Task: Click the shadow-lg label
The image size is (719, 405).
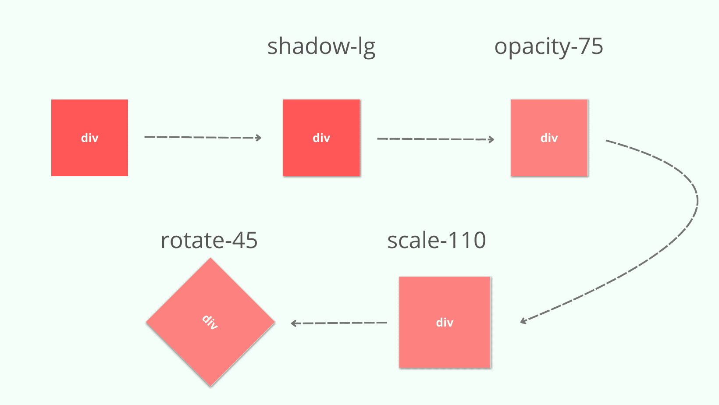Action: coord(321,47)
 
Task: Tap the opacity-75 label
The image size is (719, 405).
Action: coord(549,47)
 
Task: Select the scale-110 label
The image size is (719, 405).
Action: coord(437,240)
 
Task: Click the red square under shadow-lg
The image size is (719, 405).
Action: coord(321,138)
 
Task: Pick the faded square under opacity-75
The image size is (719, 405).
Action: coord(549,138)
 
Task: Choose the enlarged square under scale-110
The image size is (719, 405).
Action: coord(445,322)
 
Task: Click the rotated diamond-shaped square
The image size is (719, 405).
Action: coord(210,322)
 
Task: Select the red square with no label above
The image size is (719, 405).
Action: coord(89,138)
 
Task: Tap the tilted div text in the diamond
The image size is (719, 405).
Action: coord(210,322)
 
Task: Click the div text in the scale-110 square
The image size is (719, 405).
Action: coord(445,322)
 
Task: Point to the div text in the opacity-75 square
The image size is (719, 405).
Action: coord(549,138)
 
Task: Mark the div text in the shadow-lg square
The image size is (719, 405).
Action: coord(321,138)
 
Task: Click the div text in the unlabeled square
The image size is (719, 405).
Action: coord(89,138)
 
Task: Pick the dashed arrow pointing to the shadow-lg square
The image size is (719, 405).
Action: coord(203,137)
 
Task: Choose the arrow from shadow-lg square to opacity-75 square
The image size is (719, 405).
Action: coord(436,139)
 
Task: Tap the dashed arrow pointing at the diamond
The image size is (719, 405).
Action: coord(338,323)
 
